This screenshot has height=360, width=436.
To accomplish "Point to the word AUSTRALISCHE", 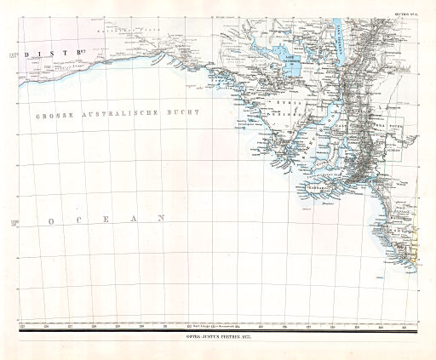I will click(x=123, y=113).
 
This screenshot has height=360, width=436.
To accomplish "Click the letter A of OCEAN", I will click(x=131, y=219).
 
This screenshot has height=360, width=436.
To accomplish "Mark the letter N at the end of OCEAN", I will click(x=160, y=219).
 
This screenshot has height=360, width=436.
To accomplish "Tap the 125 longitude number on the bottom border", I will click(x=22, y=325).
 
